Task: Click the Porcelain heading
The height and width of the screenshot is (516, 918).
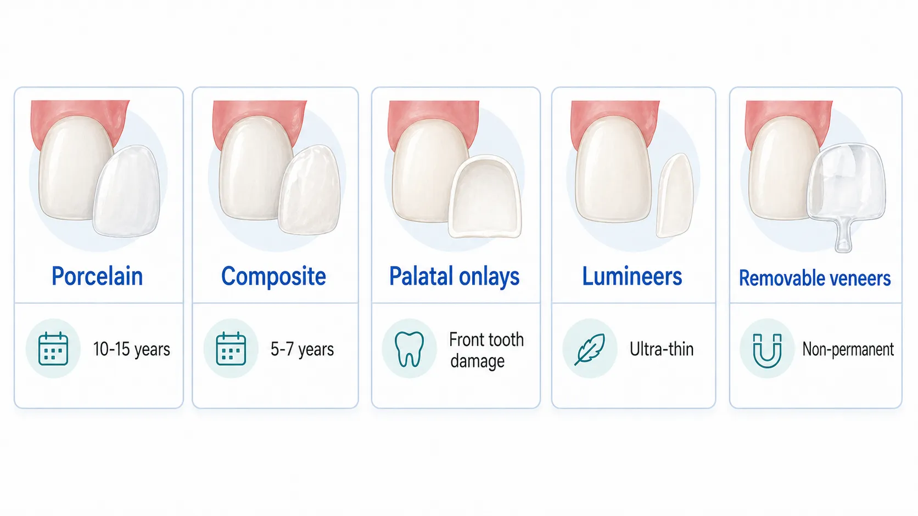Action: (x=97, y=276)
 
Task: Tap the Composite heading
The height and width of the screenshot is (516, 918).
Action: (x=273, y=276)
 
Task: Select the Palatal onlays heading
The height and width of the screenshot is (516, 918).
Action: (x=454, y=276)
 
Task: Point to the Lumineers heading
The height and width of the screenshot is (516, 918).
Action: (x=632, y=276)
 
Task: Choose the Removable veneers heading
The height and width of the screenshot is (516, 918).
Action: (x=815, y=278)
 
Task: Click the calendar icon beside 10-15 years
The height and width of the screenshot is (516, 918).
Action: (x=53, y=348)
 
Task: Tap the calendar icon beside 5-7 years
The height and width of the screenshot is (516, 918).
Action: (x=231, y=348)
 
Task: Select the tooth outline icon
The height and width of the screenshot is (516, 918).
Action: (x=409, y=349)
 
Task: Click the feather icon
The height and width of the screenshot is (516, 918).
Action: (x=590, y=349)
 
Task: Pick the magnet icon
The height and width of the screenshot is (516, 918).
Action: (x=767, y=351)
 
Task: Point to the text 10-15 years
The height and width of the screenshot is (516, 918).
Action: (x=132, y=349)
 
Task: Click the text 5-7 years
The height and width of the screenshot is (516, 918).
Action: (x=302, y=349)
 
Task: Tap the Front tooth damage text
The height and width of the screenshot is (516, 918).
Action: (x=486, y=351)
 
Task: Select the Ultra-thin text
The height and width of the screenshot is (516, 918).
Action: (x=662, y=349)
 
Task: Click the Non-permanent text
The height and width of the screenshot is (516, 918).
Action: (x=848, y=349)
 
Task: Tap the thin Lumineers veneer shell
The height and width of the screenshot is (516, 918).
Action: (x=675, y=196)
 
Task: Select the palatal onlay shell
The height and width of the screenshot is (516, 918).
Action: (x=486, y=197)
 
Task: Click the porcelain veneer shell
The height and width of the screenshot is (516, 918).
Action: (x=126, y=191)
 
